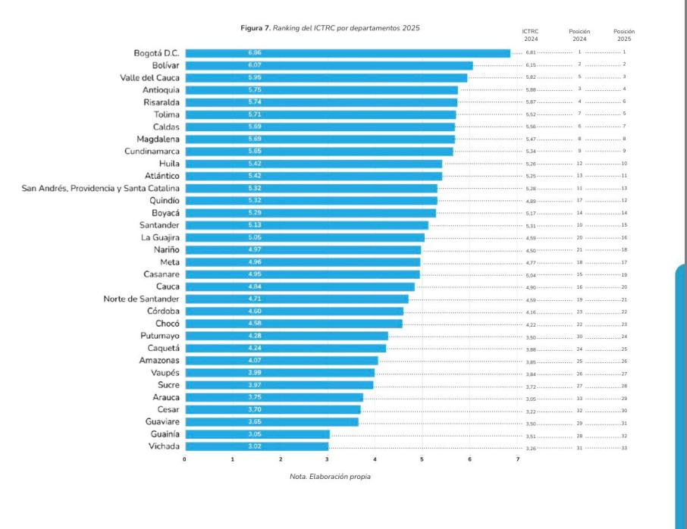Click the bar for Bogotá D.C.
(347, 53)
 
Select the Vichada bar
(256, 446)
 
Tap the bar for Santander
(306, 225)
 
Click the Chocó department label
(168, 324)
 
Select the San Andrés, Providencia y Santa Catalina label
(101, 188)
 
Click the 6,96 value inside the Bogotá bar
(254, 53)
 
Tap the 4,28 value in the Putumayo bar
(254, 336)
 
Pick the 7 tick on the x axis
(518, 459)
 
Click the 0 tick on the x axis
(185, 459)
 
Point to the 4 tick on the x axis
(375, 459)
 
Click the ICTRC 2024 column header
(530, 35)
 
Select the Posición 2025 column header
(624, 35)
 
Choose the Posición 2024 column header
(579, 35)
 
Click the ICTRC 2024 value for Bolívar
(531, 65)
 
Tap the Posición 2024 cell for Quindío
(579, 200)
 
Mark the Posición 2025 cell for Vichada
(624, 449)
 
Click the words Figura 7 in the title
(255, 28)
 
